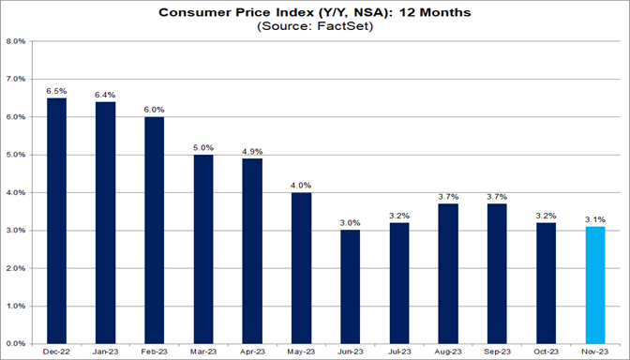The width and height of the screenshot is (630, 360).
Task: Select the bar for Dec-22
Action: point(56,220)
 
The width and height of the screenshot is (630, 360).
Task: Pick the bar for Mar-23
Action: point(202,248)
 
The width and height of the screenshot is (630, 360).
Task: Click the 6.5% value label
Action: point(56,91)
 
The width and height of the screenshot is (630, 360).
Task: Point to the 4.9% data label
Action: point(251,151)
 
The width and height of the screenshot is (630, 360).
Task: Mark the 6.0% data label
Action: point(154,110)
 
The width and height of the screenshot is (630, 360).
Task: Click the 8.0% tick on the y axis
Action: point(15,41)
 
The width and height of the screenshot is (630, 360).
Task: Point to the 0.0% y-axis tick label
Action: point(15,343)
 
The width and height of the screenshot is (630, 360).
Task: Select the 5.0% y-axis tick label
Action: point(15,155)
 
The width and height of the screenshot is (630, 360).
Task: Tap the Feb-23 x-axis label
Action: point(154,352)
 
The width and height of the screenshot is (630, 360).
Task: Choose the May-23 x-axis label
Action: point(300,352)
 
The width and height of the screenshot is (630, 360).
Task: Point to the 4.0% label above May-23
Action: point(300,185)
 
